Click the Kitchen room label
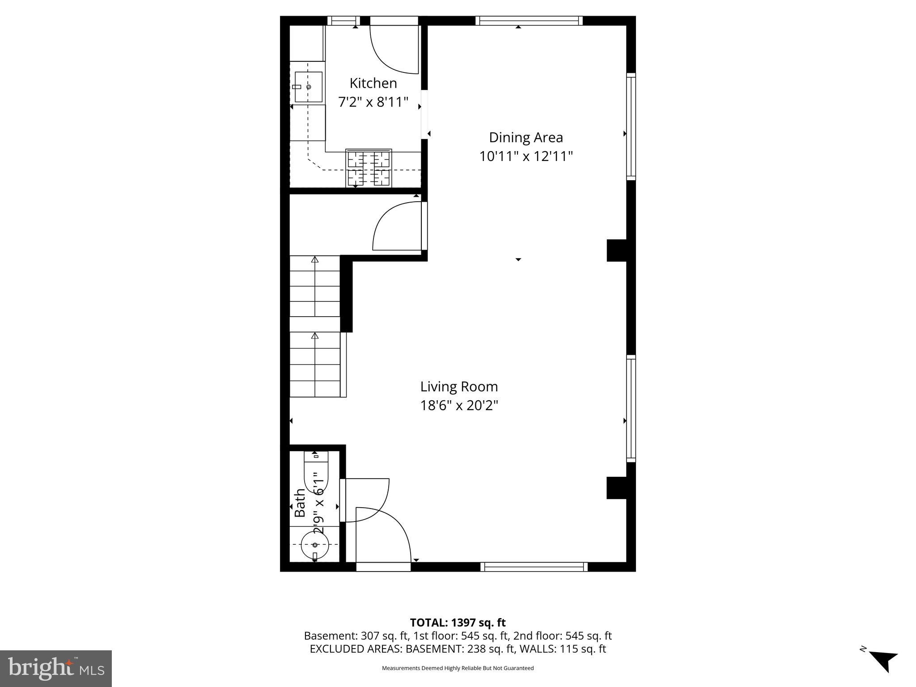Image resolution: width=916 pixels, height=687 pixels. coord(373,83)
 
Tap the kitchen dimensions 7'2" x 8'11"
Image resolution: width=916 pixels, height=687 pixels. coord(373,102)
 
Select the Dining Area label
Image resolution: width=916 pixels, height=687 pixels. coord(526,137)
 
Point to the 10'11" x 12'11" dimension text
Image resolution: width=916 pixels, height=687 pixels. coord(526,157)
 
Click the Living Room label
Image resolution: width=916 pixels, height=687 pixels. coord(459,386)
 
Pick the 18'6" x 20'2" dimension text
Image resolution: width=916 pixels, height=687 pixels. coord(459,406)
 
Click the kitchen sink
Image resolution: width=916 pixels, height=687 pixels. coord(308,87)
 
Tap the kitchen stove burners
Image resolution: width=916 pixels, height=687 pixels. coord(369,168)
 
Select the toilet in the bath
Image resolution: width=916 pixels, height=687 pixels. coord(316,472)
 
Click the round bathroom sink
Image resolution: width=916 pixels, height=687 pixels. coord(315,545)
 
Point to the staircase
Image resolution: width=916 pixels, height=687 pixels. coord(315,327)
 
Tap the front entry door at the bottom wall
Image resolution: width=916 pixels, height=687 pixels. coord(383,537)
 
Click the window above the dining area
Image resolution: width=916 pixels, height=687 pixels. coord(529,21)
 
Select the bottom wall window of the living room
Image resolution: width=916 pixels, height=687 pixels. coord(534,567)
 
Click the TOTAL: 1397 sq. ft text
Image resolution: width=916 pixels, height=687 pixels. coord(458,623)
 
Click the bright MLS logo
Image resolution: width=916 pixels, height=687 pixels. coord(56,668)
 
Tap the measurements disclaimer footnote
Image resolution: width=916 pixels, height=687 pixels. coord(458,668)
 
